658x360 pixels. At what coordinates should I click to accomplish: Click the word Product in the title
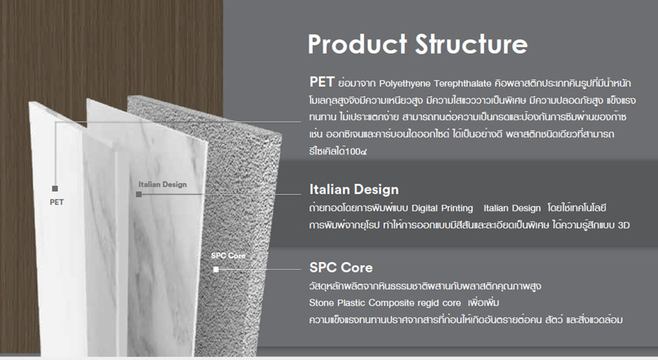click(357, 44)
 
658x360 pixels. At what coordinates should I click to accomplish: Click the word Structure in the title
click(471, 44)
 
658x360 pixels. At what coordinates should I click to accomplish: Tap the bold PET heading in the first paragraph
click(322, 82)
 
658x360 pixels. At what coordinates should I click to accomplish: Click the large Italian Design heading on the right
click(354, 190)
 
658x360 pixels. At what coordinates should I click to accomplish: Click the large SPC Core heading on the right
click(340, 268)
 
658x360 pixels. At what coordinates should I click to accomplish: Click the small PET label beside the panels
click(57, 202)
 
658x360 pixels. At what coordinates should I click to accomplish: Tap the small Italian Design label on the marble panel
click(162, 185)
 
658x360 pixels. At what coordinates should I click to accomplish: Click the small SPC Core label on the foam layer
click(228, 256)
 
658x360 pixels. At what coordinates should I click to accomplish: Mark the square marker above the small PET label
click(55, 189)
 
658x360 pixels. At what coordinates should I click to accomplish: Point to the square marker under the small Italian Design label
click(139, 195)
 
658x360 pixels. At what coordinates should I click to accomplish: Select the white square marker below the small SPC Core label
click(216, 269)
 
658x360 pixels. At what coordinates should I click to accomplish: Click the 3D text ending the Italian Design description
click(624, 225)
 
